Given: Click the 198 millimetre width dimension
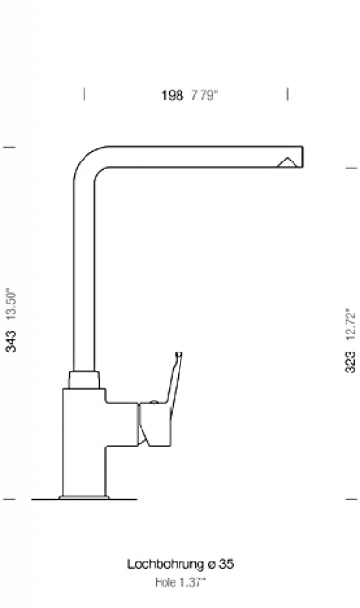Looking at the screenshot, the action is (x=172, y=95).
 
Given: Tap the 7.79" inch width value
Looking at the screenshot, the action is (x=204, y=95).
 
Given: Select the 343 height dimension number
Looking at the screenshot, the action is (x=10, y=341).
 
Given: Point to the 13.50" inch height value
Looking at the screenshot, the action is (x=10, y=304).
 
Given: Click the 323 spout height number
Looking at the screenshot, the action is (x=351, y=362).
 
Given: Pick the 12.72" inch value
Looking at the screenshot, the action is (x=351, y=325).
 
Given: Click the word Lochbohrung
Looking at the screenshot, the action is (x=165, y=564).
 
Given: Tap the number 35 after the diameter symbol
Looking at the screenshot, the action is (x=226, y=563).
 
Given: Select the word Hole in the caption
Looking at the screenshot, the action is (x=165, y=582).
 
